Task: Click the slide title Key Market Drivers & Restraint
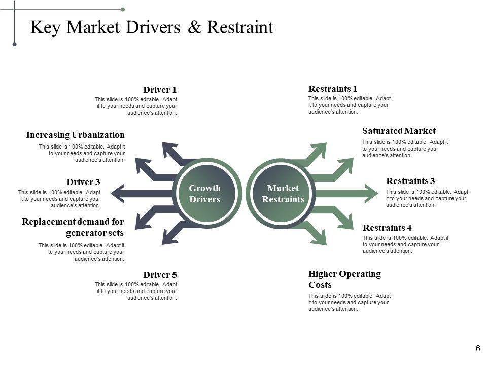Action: [152, 27]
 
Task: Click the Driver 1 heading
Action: [160, 90]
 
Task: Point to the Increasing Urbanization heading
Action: [75, 135]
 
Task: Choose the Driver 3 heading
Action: [83, 182]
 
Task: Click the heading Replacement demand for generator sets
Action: [73, 227]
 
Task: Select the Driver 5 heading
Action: [160, 275]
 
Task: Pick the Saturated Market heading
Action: [399, 131]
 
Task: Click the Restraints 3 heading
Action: [410, 180]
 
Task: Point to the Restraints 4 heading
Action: [388, 227]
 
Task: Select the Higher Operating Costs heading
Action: [344, 279]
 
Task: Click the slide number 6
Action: [478, 348]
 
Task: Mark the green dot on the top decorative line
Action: [123, 9]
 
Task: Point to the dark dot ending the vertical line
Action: [15, 45]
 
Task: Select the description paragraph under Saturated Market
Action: [405, 149]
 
